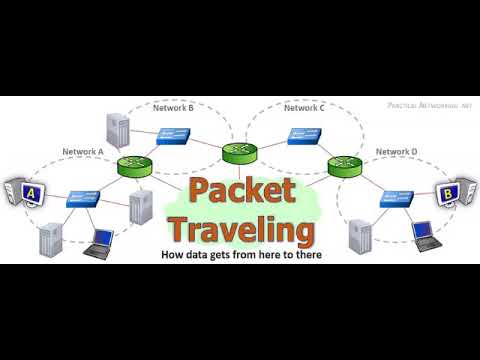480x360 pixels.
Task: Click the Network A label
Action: (83, 152)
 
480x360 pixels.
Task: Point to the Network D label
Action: (396, 152)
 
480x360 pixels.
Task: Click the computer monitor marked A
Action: (26, 191)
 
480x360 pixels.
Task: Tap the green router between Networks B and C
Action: (238, 152)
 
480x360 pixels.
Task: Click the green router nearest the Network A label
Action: (133, 167)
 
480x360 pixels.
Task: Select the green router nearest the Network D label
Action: (341, 167)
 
